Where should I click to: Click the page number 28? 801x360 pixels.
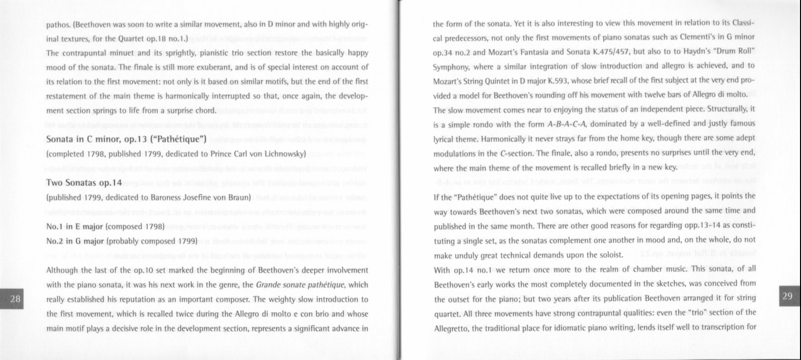point(15,299)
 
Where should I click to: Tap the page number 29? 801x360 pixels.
point(787,296)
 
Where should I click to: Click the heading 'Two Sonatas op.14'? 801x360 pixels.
point(84,183)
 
